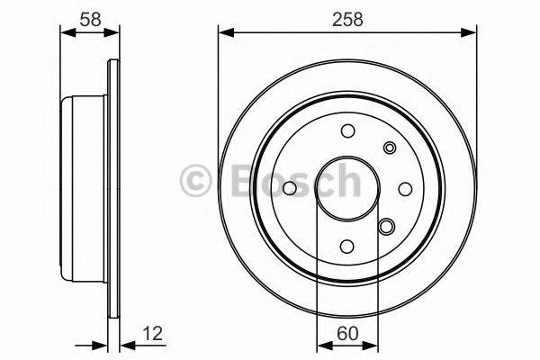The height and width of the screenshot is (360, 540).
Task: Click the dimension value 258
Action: [346, 19]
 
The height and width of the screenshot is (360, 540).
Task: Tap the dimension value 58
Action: [89, 19]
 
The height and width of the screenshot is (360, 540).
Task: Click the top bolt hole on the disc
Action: [347, 131]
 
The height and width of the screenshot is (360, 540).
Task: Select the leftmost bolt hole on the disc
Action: [290, 188]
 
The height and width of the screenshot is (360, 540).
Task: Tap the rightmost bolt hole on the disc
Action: [405, 188]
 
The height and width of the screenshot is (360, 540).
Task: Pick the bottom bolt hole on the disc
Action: [347, 246]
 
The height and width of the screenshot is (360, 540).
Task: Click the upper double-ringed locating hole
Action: [389, 148]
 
